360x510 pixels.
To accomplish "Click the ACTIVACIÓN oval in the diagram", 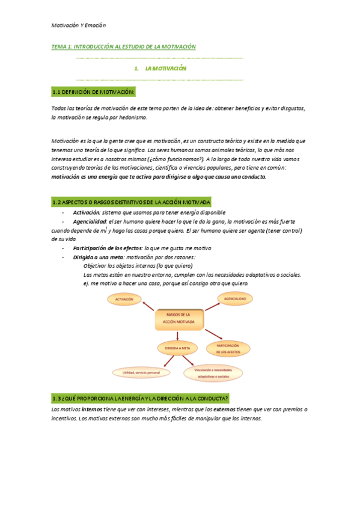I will [x=125, y=298].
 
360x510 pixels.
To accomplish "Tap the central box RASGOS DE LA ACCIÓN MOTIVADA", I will [x=180, y=319].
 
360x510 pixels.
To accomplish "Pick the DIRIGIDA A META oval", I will [x=177, y=347].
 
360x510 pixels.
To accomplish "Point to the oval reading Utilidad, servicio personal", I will [x=142, y=373].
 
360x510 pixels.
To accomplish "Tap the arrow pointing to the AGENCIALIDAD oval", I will [x=207, y=305].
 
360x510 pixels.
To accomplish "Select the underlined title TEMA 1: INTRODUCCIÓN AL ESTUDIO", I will [x=124, y=46].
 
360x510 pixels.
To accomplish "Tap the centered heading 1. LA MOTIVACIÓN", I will [x=160, y=69].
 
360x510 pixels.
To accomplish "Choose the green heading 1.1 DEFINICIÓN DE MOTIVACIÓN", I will [x=93, y=91].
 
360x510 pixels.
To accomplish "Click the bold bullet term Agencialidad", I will [x=90, y=222].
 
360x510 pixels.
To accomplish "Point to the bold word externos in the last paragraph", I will [x=225, y=410].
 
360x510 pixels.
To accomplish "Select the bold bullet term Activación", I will [x=86, y=212].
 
